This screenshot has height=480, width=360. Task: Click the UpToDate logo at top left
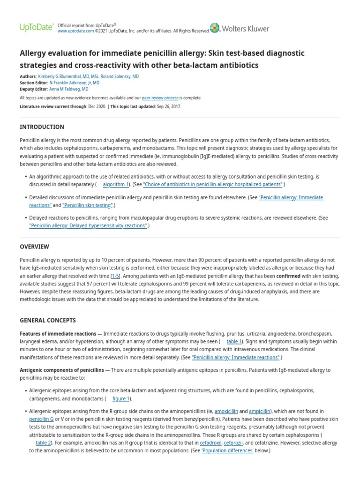tap(36, 28)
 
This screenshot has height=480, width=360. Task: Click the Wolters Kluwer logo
tap(240, 29)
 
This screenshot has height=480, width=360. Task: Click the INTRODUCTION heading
tap(42, 127)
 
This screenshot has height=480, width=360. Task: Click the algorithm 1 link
tap(115, 185)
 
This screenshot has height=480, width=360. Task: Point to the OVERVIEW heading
tap(34, 247)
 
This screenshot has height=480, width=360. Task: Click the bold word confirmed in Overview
tap(287, 276)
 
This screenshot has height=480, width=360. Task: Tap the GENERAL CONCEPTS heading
tap(48, 321)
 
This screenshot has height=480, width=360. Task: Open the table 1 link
tap(234, 342)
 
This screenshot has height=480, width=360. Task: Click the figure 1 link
tap(121, 398)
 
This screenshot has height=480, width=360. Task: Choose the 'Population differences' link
tap(227, 450)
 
